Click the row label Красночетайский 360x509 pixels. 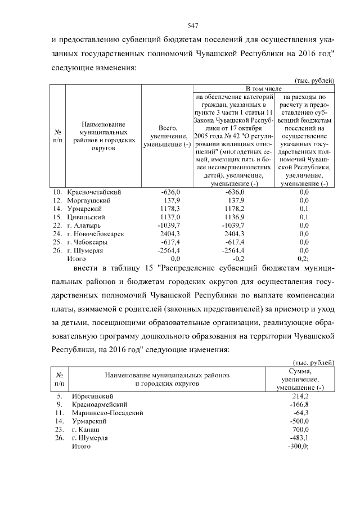(94, 192)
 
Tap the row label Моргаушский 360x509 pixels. (89, 200)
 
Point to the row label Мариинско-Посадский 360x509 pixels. (107, 413)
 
